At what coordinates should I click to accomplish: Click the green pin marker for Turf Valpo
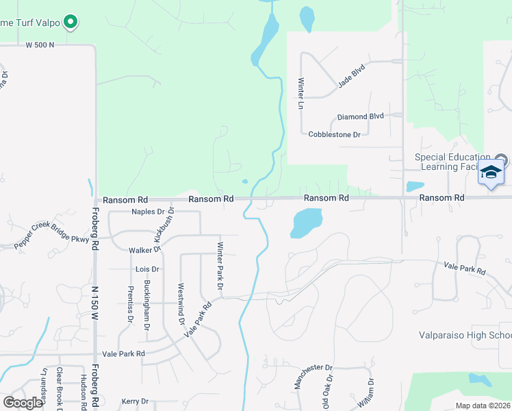pyautogui.click(x=71, y=23)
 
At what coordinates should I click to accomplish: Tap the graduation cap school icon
pyautogui.click(x=491, y=171)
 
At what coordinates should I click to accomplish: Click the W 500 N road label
pyautogui.click(x=40, y=45)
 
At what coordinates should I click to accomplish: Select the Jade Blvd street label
pyautogui.click(x=351, y=76)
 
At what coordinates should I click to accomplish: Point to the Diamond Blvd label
pyautogui.click(x=360, y=116)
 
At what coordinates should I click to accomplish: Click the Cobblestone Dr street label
pyautogui.click(x=334, y=135)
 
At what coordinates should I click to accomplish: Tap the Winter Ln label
pyautogui.click(x=300, y=94)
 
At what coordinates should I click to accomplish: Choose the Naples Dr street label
pyautogui.click(x=149, y=212)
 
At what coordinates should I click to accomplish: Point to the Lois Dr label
pyautogui.click(x=147, y=269)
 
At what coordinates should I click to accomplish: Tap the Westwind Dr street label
pyautogui.click(x=181, y=303)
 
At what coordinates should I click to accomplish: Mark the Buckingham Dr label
pyautogui.click(x=146, y=305)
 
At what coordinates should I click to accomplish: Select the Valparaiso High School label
pyautogui.click(x=465, y=335)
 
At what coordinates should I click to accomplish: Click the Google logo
pyautogui.click(x=23, y=403)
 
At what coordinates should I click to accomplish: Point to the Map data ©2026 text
pyautogui.click(x=482, y=406)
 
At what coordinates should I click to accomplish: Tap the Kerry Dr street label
pyautogui.click(x=135, y=401)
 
